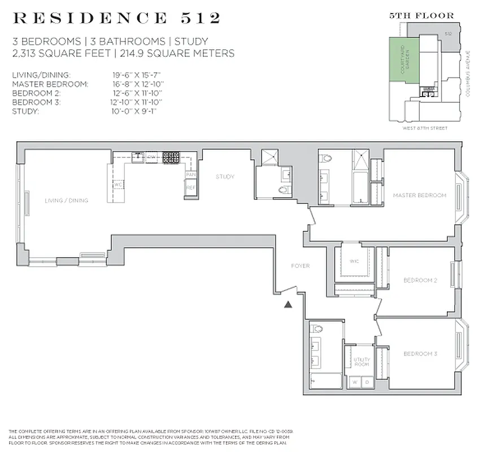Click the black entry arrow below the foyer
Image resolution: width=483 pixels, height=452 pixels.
click(x=288, y=305)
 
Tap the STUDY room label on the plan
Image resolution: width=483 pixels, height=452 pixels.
click(x=224, y=177)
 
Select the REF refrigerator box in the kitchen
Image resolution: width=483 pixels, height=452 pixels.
click(x=191, y=188)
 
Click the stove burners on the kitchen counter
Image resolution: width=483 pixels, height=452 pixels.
click(x=171, y=158)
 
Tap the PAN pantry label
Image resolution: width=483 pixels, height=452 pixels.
click(x=191, y=175)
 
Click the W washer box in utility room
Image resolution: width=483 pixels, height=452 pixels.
click(x=355, y=381)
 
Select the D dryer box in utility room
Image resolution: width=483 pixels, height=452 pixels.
click(x=367, y=381)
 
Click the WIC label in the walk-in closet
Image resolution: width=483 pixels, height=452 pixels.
click(x=354, y=261)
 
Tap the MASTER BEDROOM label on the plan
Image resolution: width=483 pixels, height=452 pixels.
click(x=419, y=195)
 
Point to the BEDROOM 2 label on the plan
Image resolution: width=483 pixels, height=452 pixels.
click(x=420, y=280)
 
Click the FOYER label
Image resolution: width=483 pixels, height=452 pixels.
click(x=300, y=266)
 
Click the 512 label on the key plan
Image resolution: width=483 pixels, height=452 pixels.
click(x=448, y=34)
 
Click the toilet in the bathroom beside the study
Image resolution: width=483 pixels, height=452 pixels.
click(x=284, y=190)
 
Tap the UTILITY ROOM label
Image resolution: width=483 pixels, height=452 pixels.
click(x=362, y=362)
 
